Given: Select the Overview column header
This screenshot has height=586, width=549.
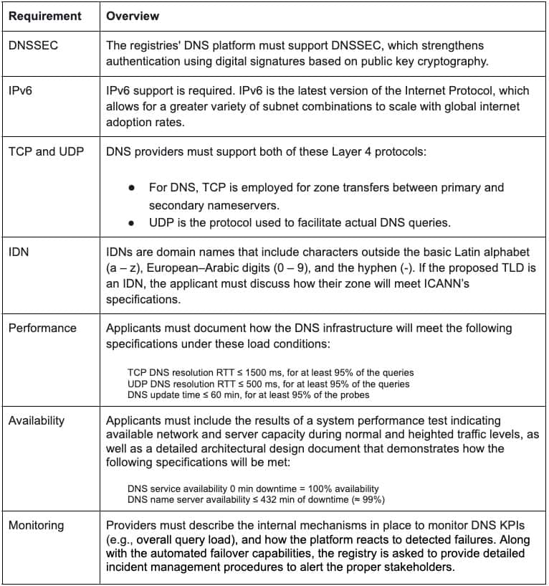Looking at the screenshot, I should click(x=133, y=15).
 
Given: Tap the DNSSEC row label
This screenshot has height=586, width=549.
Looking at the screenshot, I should click(x=33, y=45).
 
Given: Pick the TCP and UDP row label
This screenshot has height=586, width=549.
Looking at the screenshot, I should click(x=45, y=152).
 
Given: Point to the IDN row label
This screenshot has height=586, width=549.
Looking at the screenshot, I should click(x=19, y=252).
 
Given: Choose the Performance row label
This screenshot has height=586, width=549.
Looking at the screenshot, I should click(x=42, y=328).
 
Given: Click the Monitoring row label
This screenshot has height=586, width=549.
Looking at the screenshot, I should click(x=36, y=525).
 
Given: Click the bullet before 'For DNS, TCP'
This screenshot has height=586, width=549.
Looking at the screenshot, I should click(x=132, y=188).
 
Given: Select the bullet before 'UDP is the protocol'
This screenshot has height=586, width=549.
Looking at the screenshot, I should click(x=132, y=222).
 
